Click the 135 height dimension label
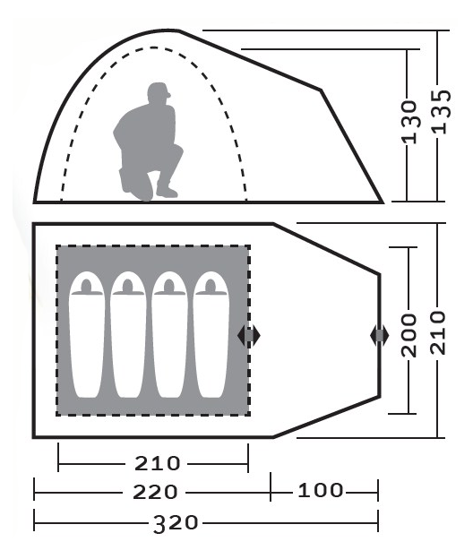click(442, 112)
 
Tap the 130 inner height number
click(410, 122)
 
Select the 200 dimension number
click(408, 335)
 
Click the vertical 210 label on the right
click(438, 333)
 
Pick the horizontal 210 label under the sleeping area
click(157, 463)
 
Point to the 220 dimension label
click(155, 493)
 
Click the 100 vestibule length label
click(320, 491)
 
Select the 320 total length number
click(176, 523)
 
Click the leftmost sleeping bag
click(87, 335)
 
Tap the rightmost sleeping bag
click(211, 335)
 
